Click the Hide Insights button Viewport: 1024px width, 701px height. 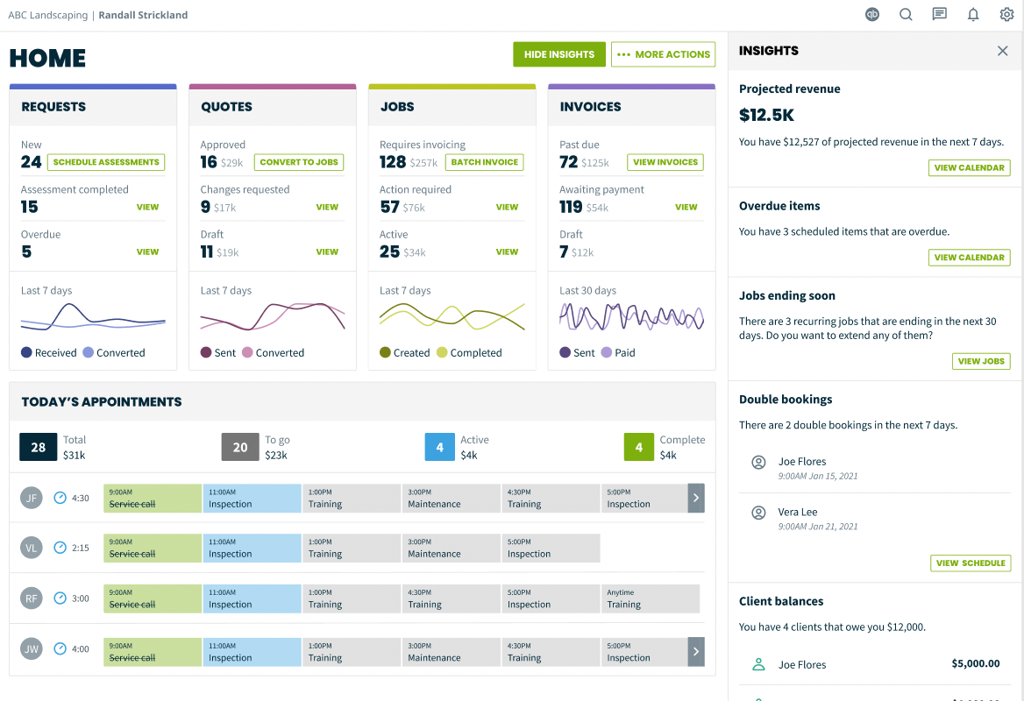point(559,54)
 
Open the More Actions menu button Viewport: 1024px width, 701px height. point(663,54)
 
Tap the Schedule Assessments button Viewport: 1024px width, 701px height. point(106,162)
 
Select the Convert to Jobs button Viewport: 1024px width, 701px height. point(299,162)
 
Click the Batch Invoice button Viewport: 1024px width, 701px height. point(484,162)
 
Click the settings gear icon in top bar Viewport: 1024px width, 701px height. point(1006,14)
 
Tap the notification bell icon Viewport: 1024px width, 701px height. point(973,14)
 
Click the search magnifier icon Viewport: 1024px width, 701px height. point(906,14)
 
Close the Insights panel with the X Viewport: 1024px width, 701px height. point(1003,51)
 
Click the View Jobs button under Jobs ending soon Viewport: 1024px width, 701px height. point(981,361)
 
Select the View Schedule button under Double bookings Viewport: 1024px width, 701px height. point(971,563)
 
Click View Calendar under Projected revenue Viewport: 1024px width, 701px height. point(969,167)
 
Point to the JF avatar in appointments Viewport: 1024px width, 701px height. point(32,498)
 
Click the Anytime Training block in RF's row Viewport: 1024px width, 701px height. point(651,598)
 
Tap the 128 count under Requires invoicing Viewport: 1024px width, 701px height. point(393,162)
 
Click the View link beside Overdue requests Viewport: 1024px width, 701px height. point(147,251)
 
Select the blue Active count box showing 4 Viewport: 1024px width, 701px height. point(439,447)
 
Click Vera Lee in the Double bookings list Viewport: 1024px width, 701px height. point(798,512)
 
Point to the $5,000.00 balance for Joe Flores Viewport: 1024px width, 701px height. point(975,663)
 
